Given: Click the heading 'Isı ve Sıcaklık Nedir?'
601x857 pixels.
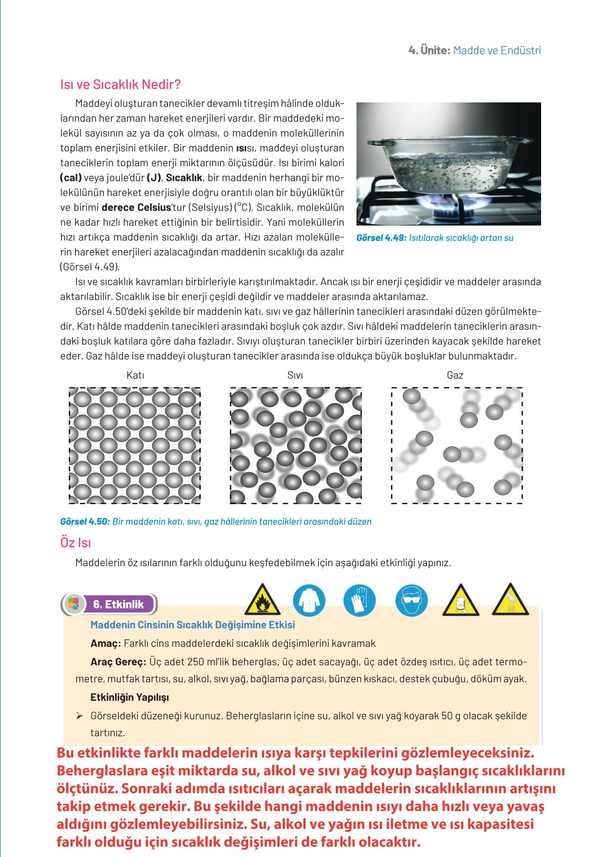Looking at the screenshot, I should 120,84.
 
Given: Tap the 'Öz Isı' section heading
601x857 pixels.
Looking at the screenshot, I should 75,543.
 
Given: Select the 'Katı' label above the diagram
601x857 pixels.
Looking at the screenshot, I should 135,375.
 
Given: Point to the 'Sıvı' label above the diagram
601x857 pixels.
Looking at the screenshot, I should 295,375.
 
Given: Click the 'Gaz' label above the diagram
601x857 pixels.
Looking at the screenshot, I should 455,375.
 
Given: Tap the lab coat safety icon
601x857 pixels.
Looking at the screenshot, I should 309,600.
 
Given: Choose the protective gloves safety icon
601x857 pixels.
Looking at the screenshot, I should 360,600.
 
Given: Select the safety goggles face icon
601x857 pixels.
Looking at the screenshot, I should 411,600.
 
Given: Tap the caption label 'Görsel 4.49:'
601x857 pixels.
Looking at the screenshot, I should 381,238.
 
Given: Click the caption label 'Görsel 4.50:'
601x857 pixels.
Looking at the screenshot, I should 85,522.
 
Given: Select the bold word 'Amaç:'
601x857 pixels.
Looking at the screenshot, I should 106,644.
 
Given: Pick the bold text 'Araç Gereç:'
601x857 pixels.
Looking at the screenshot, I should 118,662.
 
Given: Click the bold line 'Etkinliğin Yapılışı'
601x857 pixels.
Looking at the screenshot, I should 129,697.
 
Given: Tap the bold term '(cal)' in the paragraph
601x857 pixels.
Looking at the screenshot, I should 71,178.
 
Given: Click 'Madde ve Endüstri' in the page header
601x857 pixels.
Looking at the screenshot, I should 497,50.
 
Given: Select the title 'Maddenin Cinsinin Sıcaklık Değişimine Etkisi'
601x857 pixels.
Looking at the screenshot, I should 193,625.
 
